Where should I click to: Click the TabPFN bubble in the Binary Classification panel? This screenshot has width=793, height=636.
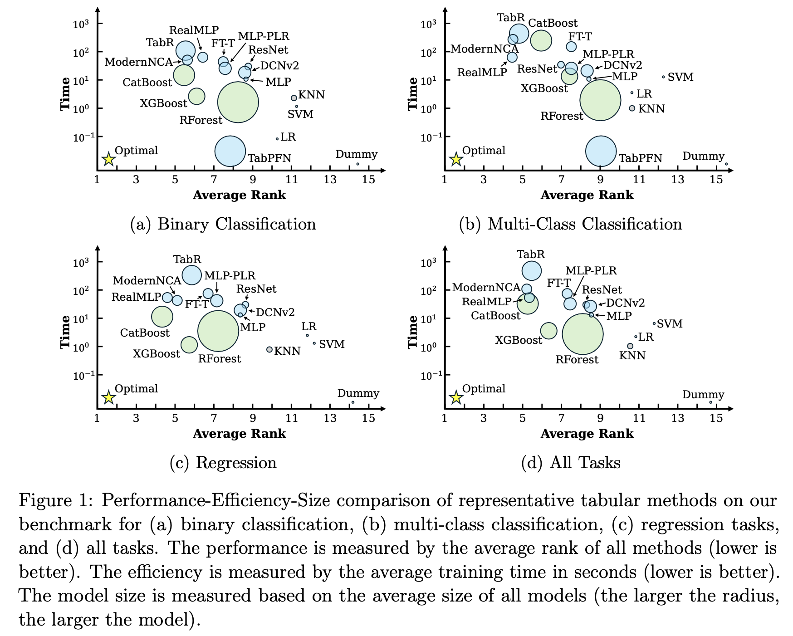click(x=230, y=151)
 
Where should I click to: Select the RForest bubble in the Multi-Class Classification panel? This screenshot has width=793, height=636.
click(x=600, y=100)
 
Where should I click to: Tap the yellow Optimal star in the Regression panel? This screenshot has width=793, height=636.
click(x=108, y=398)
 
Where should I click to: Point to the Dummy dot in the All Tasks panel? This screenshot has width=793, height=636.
click(x=710, y=402)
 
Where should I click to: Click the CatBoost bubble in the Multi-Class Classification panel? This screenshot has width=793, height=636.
click(x=541, y=40)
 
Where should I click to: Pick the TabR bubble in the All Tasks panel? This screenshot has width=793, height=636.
click(x=532, y=271)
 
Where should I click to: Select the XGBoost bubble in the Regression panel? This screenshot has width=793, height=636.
click(x=189, y=345)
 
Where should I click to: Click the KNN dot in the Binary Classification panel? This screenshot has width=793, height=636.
click(x=294, y=98)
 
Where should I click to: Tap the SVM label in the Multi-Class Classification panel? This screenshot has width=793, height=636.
click(x=680, y=77)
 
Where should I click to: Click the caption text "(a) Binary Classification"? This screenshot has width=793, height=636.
click(x=223, y=224)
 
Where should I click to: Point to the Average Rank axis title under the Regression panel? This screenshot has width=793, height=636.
click(x=239, y=434)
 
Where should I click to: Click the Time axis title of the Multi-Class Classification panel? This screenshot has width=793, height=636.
click(x=412, y=93)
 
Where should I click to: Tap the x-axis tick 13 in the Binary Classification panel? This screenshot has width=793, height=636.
click(x=330, y=180)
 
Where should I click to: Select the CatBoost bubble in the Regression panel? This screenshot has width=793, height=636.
click(x=162, y=317)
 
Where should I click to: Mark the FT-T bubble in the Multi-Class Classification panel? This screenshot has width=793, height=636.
click(x=571, y=46)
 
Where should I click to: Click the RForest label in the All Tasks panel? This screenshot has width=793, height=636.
click(x=577, y=360)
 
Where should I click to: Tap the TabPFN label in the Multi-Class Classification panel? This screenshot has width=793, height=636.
click(x=641, y=158)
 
